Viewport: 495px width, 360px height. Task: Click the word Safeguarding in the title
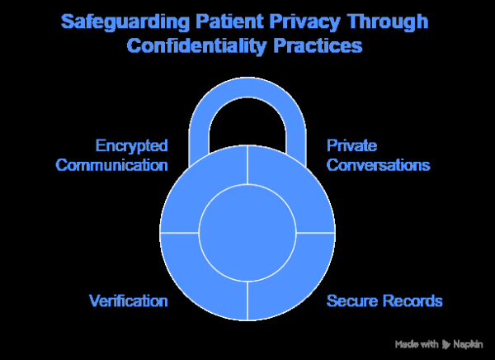(126, 20)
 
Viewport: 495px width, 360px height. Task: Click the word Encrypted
(131, 146)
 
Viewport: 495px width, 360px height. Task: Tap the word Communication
(111, 164)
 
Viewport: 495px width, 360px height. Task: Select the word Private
(351, 146)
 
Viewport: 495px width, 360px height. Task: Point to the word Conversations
(379, 164)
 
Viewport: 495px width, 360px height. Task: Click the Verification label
(129, 301)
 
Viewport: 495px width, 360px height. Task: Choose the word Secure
(353, 301)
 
